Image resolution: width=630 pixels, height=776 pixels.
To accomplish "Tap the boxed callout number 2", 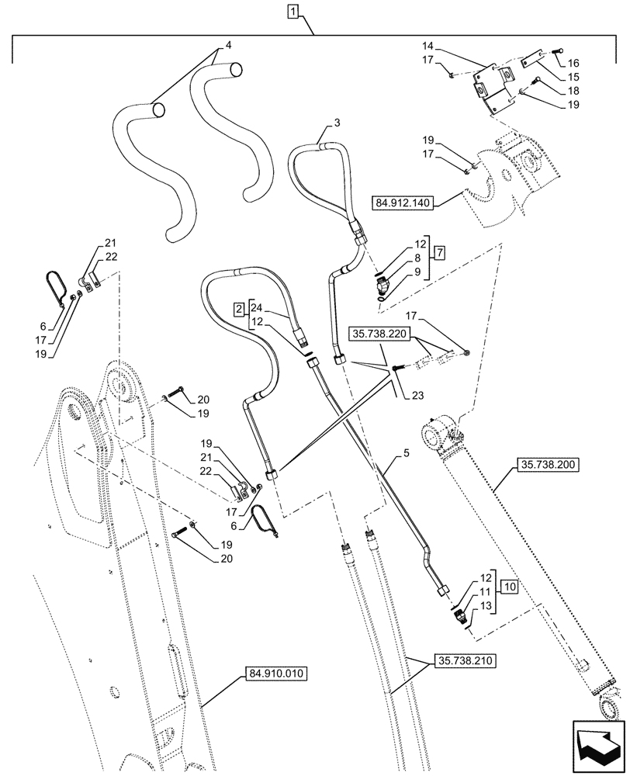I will pyautogui.click(x=240, y=310).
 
